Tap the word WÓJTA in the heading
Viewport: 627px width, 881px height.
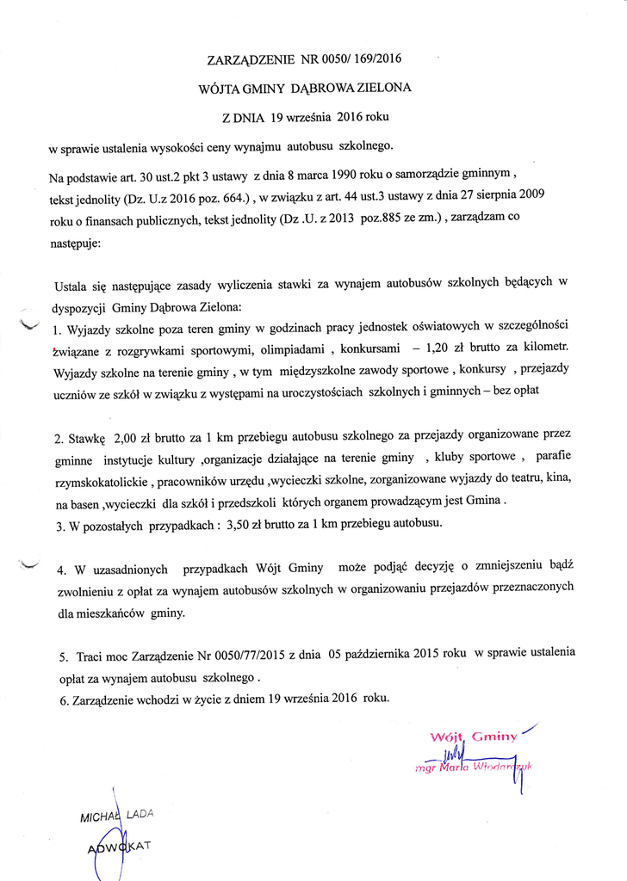coord(220,88)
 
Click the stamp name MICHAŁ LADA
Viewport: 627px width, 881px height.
coord(115,816)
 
